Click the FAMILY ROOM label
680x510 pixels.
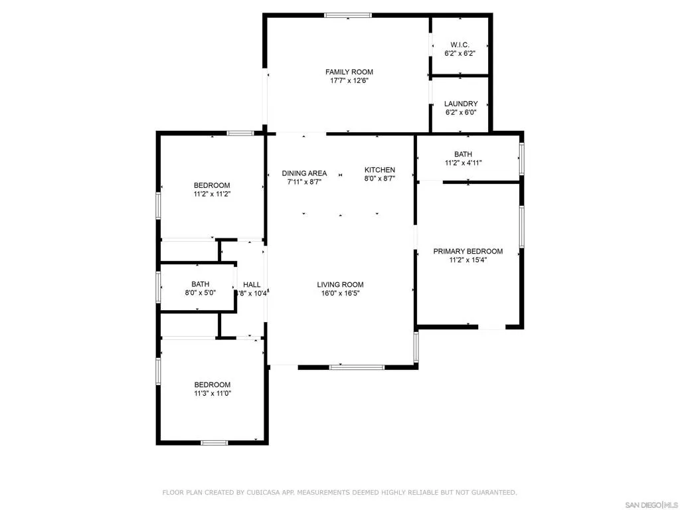pos(349,72)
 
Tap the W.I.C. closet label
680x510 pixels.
pos(460,44)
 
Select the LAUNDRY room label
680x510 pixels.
pos(461,104)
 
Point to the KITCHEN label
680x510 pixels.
pos(380,170)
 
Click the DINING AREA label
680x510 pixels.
pos(304,173)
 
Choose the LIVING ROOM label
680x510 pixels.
pos(340,285)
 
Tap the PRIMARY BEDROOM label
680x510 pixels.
pos(467,252)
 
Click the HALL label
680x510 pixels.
pos(252,284)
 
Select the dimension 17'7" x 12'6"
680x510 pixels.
pos(349,80)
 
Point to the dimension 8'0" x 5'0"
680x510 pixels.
pos(200,293)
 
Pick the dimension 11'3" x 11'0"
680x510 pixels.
pos(212,393)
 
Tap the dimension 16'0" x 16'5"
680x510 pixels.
pos(340,293)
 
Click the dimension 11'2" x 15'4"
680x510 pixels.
pos(467,260)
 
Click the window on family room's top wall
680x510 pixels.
pos(348,15)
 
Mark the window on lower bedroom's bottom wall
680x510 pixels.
pos(214,442)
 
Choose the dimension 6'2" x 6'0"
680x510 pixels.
pos(461,112)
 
